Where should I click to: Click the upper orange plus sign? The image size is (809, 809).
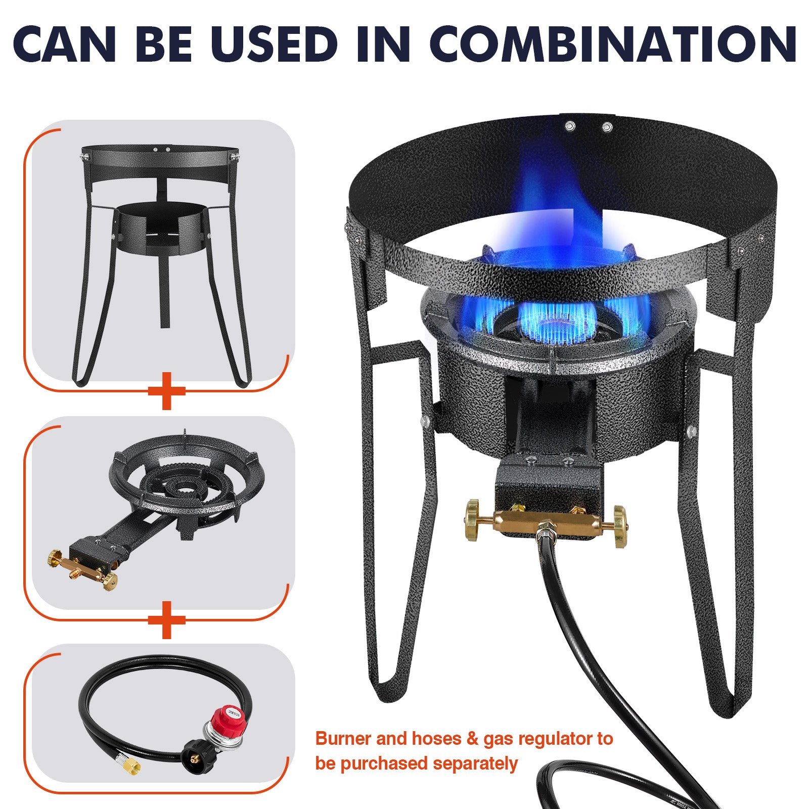click(167, 390)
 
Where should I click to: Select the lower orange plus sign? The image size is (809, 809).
click(167, 619)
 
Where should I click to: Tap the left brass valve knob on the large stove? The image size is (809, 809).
click(473, 520)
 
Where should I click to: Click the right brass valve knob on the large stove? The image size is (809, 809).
click(619, 526)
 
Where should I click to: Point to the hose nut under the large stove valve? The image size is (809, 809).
click(546, 531)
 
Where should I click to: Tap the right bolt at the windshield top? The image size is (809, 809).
click(607, 127)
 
